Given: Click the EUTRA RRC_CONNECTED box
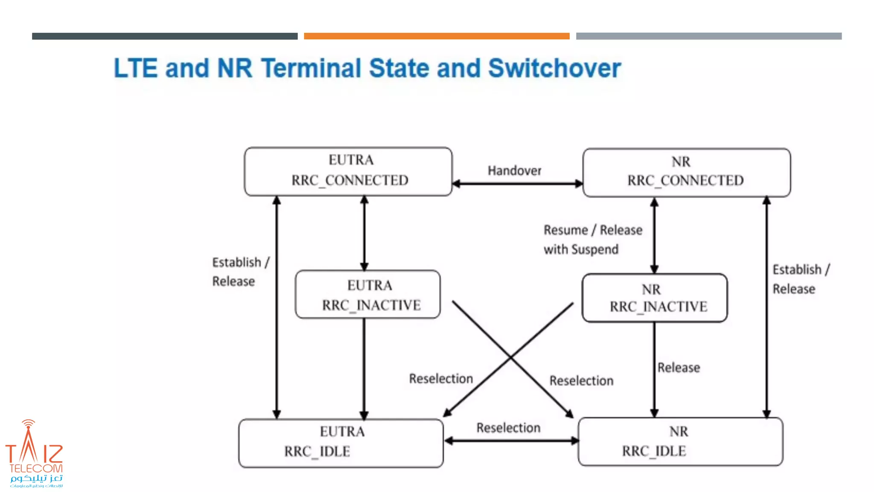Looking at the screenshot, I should (348, 171).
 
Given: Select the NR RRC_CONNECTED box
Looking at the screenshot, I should (686, 172).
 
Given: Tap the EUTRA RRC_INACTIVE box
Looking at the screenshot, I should (368, 294).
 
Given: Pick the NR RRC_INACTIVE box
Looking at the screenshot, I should (654, 298).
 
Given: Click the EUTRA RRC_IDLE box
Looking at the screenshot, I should (341, 442).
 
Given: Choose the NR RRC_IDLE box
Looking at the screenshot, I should (680, 441).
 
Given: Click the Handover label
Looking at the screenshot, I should (514, 170).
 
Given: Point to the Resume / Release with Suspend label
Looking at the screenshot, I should (592, 239).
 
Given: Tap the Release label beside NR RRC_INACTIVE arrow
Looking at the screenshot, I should (679, 367).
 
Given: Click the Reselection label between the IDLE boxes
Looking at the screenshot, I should (508, 428).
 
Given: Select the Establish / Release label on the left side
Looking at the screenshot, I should (240, 272).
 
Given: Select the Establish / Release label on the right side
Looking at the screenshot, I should (801, 279).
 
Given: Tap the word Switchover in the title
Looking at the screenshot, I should (554, 68).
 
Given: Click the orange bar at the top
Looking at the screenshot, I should (437, 36).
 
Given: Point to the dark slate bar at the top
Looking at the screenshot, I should (165, 36).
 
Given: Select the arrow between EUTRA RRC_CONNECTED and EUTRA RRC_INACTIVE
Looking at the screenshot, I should (364, 233).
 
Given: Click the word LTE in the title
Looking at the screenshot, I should (135, 68).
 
